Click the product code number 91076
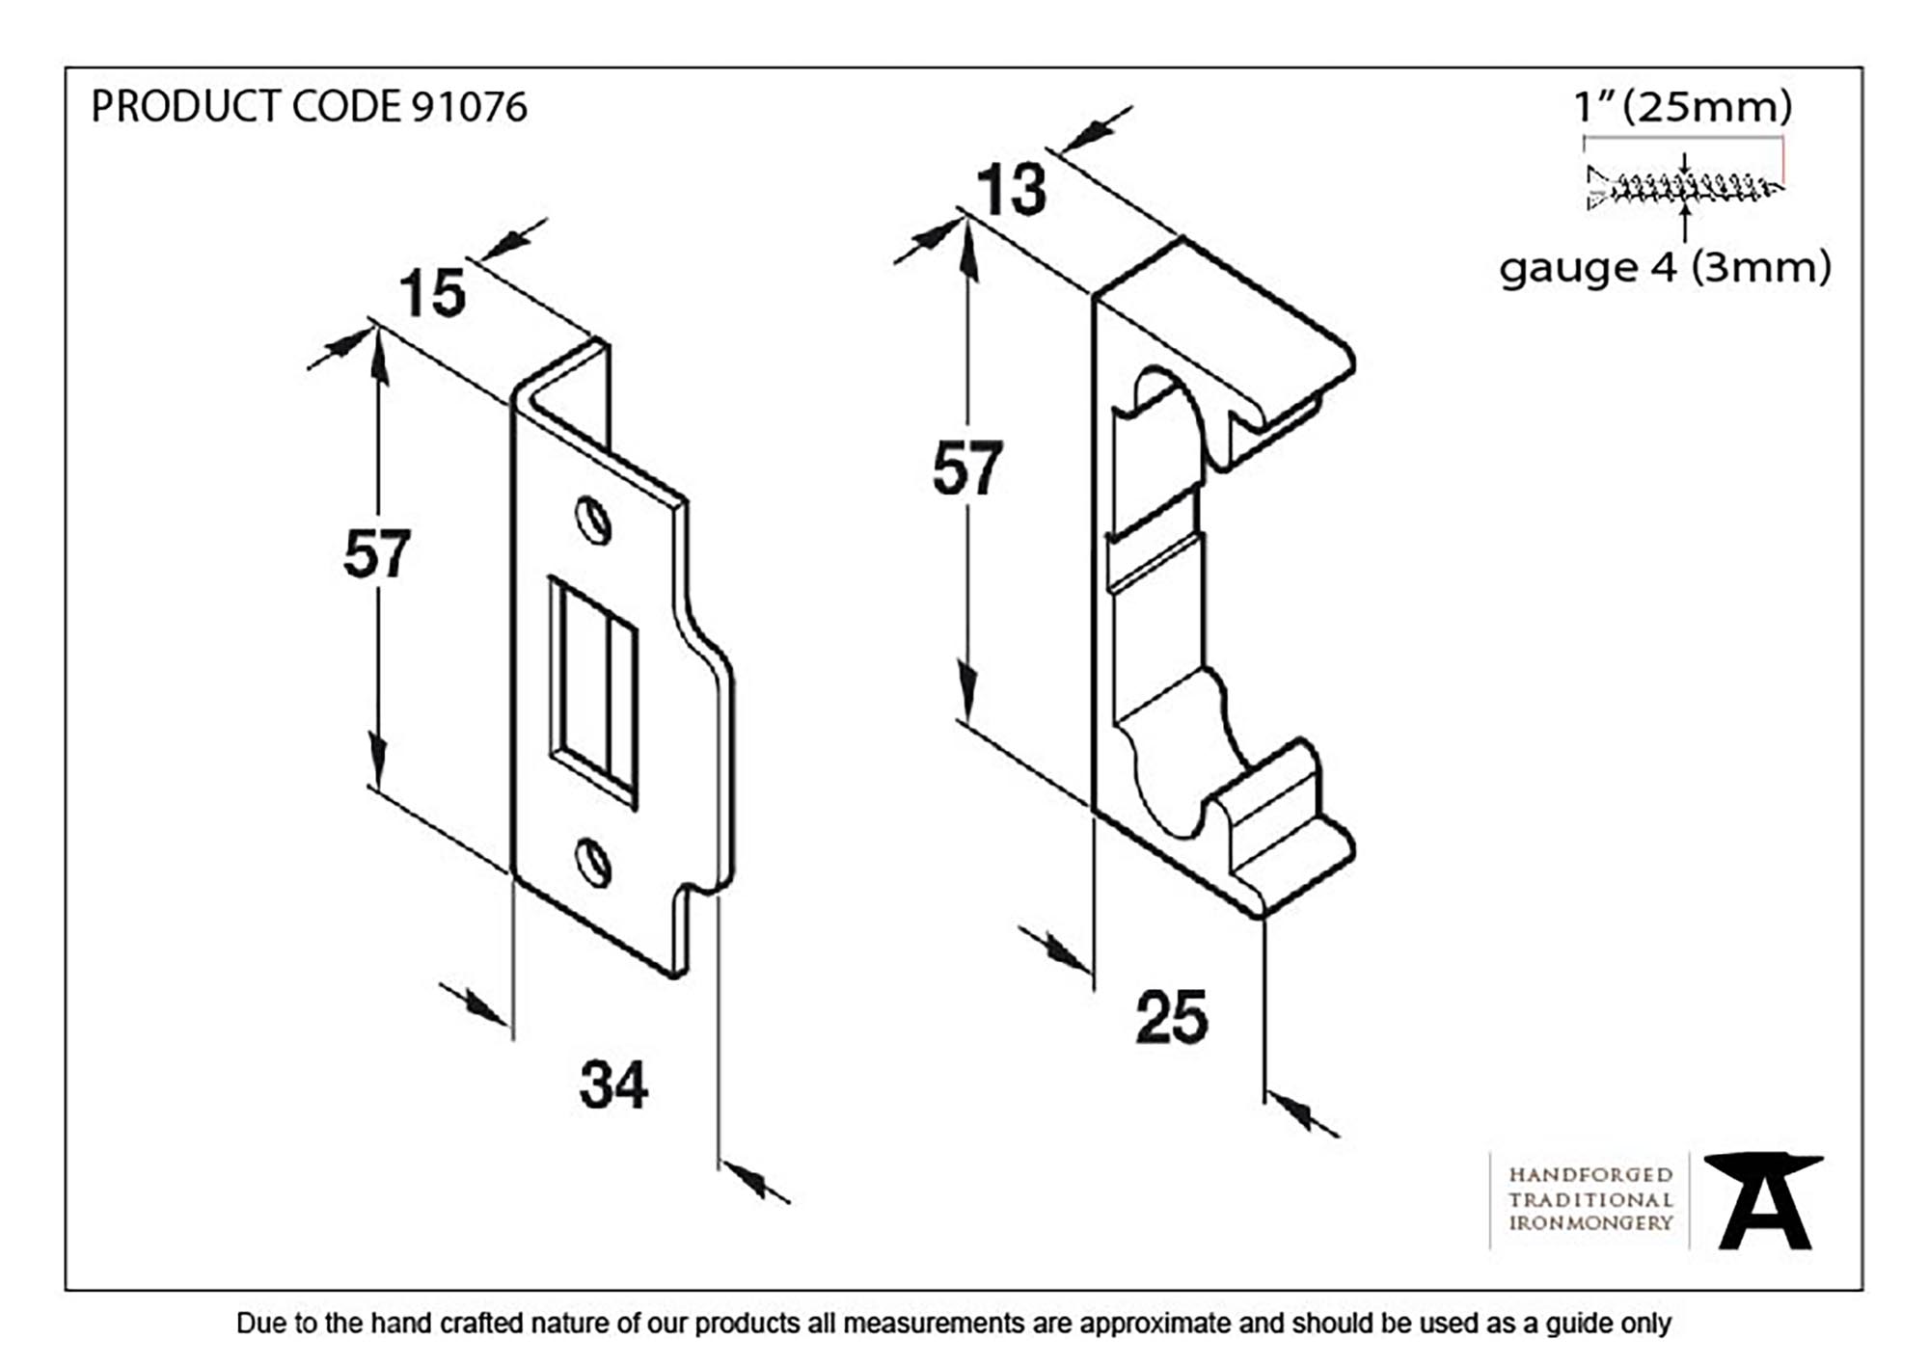pyautogui.click(x=470, y=107)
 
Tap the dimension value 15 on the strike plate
pyautogui.click(x=432, y=293)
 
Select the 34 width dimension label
pyautogui.click(x=613, y=1084)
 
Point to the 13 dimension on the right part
pyautogui.click(x=1011, y=190)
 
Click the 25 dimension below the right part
pyautogui.click(x=1171, y=1017)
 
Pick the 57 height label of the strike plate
pyautogui.click(x=376, y=554)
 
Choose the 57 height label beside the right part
pyautogui.click(x=967, y=469)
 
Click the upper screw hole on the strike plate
pyautogui.click(x=594, y=521)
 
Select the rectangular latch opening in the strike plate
pyautogui.click(x=592, y=691)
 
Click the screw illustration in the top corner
pyautogui.click(x=1683, y=186)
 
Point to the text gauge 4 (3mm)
pyautogui.click(x=1665, y=268)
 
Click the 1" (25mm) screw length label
pyautogui.click(x=1683, y=106)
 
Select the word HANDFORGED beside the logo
pyautogui.click(x=1590, y=1175)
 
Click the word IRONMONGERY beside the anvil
pyautogui.click(x=1590, y=1223)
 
